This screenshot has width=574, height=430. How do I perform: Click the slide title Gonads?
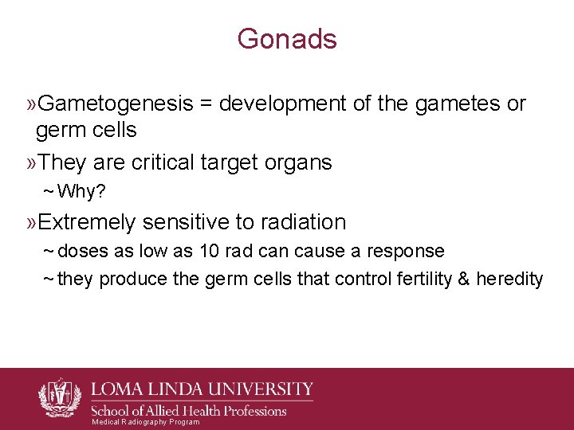[287, 39]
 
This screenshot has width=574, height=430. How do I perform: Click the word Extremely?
[86, 221]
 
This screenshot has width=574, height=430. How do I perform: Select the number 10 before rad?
[210, 251]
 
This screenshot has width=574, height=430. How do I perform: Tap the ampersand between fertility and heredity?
[465, 279]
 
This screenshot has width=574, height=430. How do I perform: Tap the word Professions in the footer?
[248, 411]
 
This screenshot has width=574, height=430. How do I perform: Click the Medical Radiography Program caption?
[146, 422]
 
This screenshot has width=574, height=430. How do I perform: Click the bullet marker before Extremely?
[32, 221]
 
